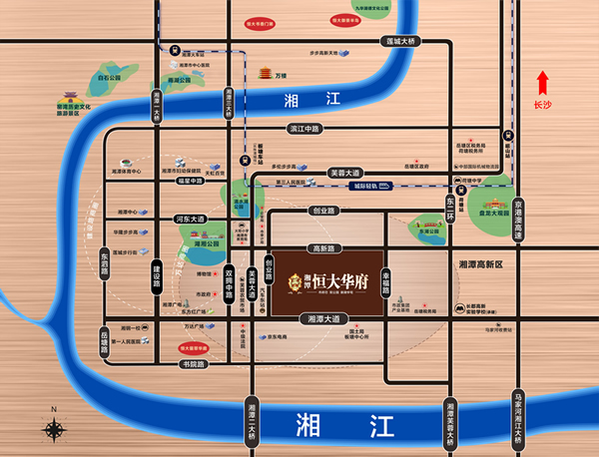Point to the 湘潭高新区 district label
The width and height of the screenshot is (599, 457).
tap(483, 263)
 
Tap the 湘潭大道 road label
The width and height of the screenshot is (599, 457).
tap(320, 318)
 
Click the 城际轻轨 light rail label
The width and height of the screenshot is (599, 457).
tap(369, 187)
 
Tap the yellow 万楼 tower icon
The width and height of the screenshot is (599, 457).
tap(266, 72)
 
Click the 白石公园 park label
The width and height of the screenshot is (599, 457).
tap(109, 76)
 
